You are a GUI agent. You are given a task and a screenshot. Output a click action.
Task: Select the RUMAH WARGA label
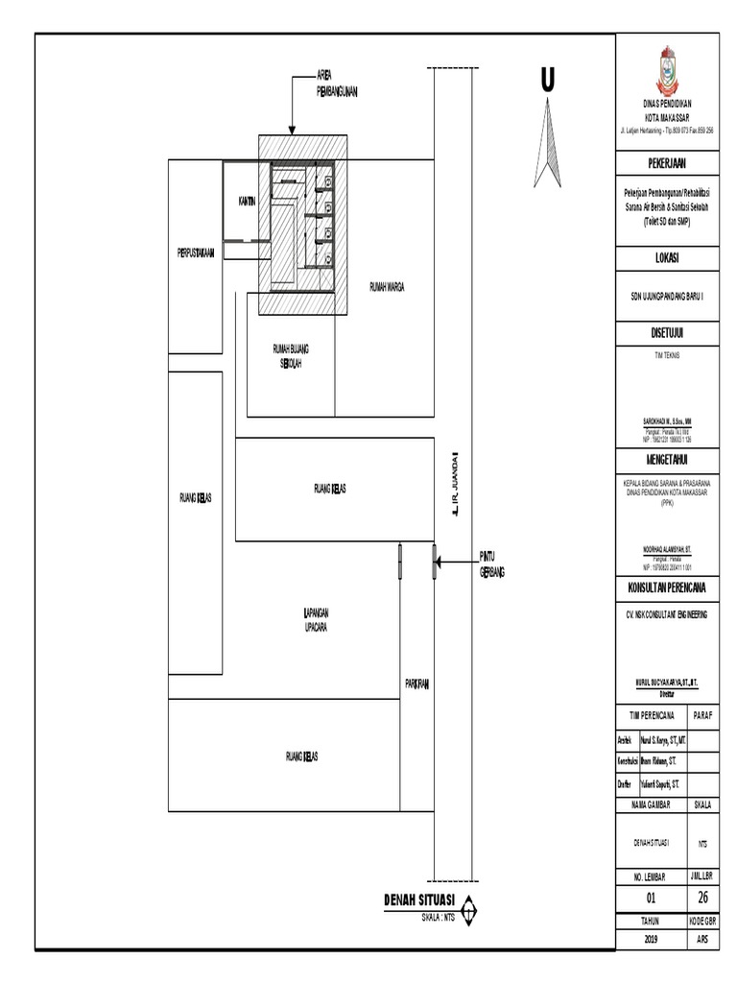[x=386, y=285]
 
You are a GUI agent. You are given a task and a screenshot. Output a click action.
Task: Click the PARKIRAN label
[x=416, y=683]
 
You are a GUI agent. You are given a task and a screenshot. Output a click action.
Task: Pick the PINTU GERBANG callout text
[x=491, y=564]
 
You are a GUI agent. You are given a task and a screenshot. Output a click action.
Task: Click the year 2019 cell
[x=653, y=938]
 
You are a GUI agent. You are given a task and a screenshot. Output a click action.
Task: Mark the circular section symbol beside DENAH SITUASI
[x=468, y=906]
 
